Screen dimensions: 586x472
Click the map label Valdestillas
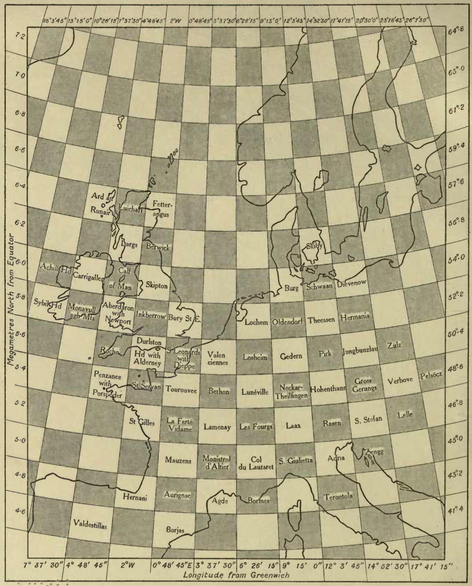(x=90, y=524)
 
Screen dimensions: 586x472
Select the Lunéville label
(x=255, y=392)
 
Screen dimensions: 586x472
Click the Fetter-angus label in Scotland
(x=161, y=208)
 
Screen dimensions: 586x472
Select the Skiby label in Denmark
(x=314, y=246)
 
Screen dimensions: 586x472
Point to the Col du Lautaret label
(x=256, y=463)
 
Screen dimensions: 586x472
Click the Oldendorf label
(x=288, y=321)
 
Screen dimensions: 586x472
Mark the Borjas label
(x=175, y=530)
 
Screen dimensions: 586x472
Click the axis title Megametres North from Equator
(x=10, y=300)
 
